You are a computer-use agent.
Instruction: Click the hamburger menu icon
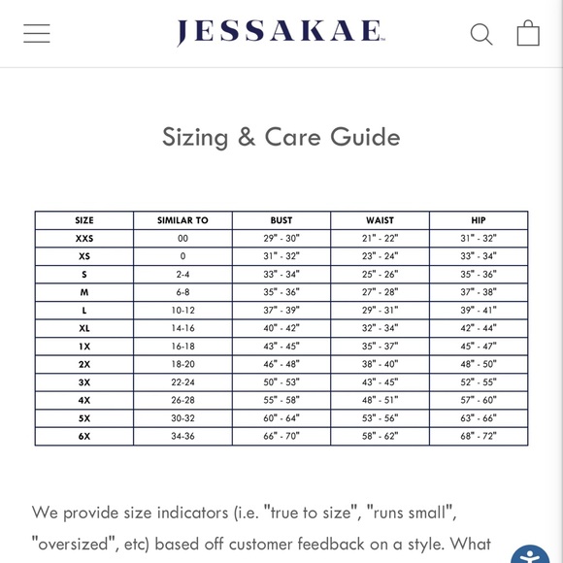(37, 33)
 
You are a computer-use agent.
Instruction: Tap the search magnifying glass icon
(481, 34)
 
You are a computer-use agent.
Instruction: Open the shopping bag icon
(528, 33)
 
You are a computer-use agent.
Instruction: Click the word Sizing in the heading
(195, 137)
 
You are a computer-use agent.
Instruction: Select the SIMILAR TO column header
(182, 220)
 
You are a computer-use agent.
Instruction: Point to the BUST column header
(281, 220)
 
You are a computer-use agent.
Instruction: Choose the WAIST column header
(380, 220)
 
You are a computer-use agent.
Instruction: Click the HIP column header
(479, 220)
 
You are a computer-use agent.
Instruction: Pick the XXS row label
(84, 238)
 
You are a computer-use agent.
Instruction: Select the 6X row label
(84, 436)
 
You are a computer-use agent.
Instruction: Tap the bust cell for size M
(281, 292)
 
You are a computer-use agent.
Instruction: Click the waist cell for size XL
(380, 328)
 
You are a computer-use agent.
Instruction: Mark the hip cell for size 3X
(479, 382)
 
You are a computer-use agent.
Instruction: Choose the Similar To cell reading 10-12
(182, 310)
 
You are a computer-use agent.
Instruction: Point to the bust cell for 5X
(281, 418)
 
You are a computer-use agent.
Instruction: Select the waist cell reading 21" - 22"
(380, 238)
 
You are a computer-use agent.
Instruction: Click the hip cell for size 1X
(479, 346)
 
